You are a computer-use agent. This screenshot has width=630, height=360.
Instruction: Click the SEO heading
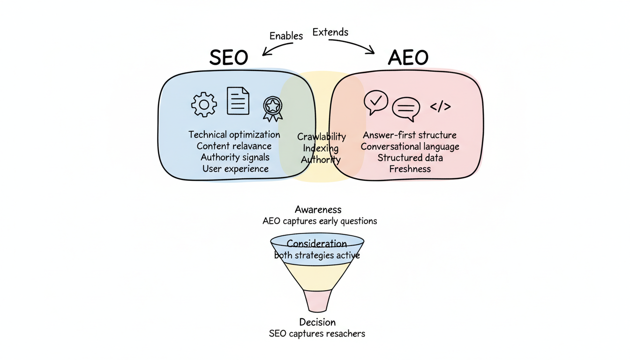[228, 57]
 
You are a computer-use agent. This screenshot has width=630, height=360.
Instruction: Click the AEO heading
[408, 57]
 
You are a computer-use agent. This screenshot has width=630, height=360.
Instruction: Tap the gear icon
[204, 104]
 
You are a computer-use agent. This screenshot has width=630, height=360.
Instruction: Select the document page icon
[238, 101]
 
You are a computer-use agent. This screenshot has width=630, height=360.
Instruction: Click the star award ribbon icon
[272, 108]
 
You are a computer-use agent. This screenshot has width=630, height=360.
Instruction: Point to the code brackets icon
[440, 107]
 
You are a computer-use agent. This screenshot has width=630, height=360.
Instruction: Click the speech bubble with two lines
[405, 109]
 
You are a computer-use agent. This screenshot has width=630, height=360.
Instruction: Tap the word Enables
[286, 36]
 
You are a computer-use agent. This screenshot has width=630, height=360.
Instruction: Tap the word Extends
[330, 32]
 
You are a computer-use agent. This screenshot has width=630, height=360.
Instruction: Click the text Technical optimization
[234, 135]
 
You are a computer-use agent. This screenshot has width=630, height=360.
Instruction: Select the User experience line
[235, 169]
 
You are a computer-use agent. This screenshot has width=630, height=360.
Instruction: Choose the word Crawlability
[322, 137]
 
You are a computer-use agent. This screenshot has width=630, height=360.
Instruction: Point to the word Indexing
[321, 148]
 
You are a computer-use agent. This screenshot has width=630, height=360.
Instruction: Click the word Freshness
[410, 169]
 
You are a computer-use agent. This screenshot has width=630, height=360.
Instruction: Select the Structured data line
[410, 157]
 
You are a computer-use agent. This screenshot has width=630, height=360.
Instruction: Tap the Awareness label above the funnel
[318, 210]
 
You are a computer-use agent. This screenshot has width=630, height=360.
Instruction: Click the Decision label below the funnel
[317, 322]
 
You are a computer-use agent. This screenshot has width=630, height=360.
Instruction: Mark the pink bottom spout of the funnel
[317, 300]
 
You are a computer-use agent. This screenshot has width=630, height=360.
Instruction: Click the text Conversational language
[410, 146]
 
